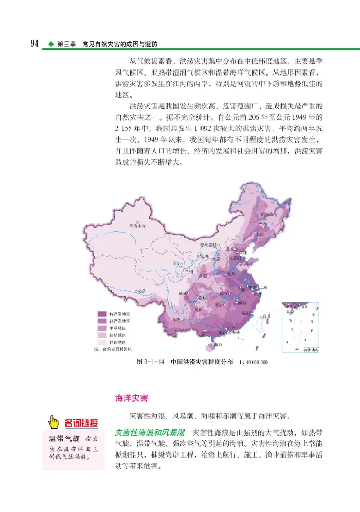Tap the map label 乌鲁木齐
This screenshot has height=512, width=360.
point(138,225)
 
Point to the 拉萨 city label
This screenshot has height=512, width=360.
point(142,291)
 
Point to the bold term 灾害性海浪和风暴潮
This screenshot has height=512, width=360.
point(150,432)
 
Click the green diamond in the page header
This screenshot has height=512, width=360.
point(50,45)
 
